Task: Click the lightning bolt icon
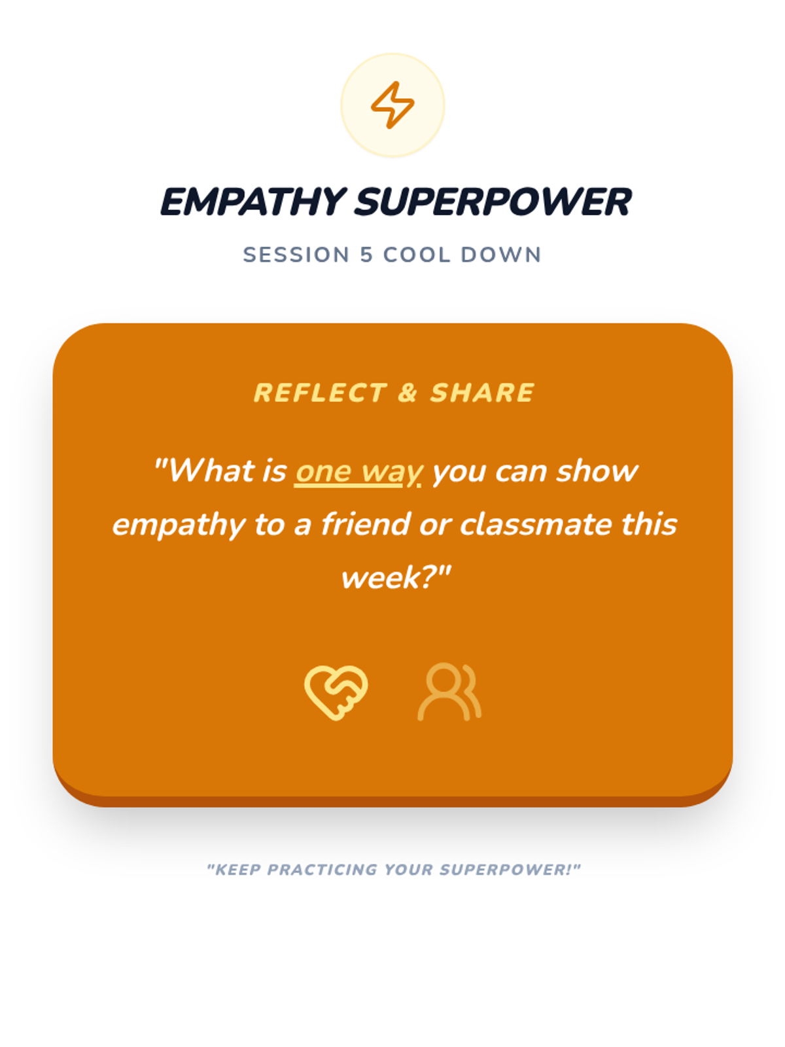392,105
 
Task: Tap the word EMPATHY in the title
253,202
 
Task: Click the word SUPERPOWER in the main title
493,202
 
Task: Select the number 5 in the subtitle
366,255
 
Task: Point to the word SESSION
296,255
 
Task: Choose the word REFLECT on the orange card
320,393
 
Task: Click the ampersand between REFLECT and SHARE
408,393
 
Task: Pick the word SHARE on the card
482,393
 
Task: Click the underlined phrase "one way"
358,472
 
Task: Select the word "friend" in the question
366,523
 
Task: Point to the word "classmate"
534,523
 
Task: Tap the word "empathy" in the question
179,525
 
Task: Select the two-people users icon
449,692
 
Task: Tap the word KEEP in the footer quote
235,870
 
